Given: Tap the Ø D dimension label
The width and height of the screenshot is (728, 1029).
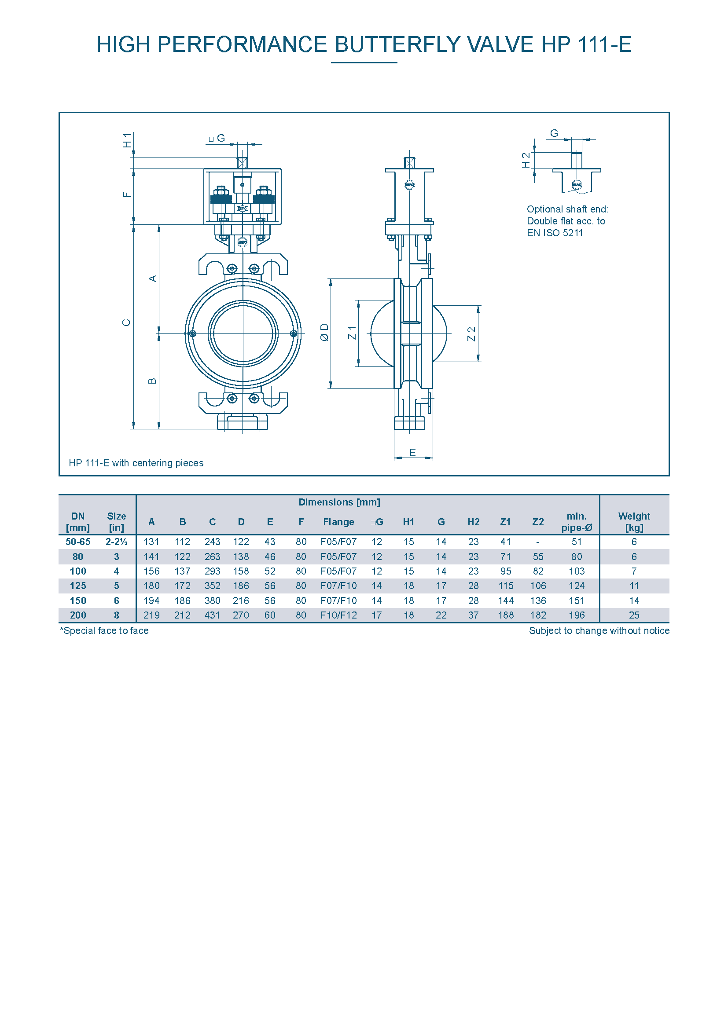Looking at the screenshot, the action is (x=324, y=333).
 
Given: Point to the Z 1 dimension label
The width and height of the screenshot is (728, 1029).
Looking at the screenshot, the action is (x=353, y=333).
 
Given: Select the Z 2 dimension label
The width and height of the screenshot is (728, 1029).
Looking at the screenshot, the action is (x=471, y=334).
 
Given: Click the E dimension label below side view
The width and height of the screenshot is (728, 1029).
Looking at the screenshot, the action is (x=413, y=453).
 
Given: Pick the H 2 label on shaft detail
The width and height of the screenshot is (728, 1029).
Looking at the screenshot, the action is (x=526, y=160).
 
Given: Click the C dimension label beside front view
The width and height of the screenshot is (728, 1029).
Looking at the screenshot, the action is (x=126, y=322).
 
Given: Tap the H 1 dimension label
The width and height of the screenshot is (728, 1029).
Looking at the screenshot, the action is (x=128, y=140).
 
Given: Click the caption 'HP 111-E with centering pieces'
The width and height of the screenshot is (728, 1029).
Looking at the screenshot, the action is (x=136, y=463).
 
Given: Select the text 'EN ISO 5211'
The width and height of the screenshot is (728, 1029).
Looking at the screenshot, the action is (x=555, y=233).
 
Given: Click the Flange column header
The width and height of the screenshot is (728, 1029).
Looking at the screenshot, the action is (x=338, y=522).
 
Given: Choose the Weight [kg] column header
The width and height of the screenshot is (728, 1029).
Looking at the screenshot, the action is (x=634, y=522).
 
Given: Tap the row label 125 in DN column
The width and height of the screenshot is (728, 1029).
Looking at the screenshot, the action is (x=78, y=586).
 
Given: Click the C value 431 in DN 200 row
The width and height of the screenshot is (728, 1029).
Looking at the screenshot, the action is (x=213, y=615).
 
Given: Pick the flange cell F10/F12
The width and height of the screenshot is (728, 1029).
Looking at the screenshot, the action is (x=338, y=615).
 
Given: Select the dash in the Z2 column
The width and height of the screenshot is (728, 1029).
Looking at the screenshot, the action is (x=538, y=542).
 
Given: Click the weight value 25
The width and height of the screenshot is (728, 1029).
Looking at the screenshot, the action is (x=634, y=615).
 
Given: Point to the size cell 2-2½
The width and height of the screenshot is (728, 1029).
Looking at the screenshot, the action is (x=117, y=542).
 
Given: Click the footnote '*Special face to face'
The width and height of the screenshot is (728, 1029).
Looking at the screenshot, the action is (x=104, y=630).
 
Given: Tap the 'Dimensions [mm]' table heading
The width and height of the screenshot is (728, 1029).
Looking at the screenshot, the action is (x=339, y=502).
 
